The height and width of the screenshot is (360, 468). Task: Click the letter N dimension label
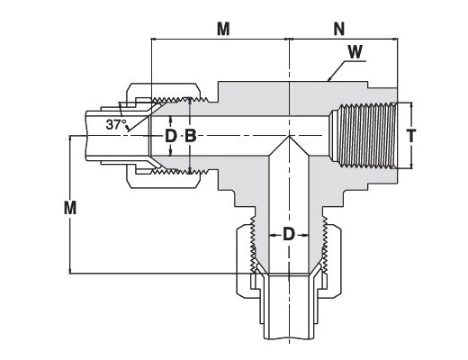(x=339, y=29)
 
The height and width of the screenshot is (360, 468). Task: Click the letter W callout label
(x=355, y=52)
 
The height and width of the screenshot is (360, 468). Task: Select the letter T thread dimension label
(x=411, y=135)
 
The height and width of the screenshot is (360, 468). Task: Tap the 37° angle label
(x=116, y=124)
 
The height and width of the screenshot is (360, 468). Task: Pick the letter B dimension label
(x=190, y=136)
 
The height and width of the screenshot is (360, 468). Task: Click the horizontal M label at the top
(x=223, y=29)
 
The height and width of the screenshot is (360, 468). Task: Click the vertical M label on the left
(x=70, y=208)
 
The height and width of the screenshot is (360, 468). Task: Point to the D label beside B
(x=171, y=136)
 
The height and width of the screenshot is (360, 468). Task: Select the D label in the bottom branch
(x=289, y=234)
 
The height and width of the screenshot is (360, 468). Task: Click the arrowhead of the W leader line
(x=328, y=79)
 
